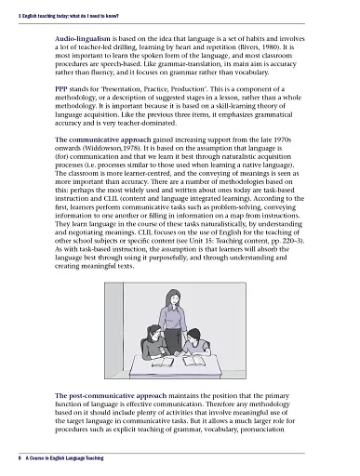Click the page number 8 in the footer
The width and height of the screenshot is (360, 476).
tap(8, 458)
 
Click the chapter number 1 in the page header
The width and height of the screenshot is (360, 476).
tap(7, 7)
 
